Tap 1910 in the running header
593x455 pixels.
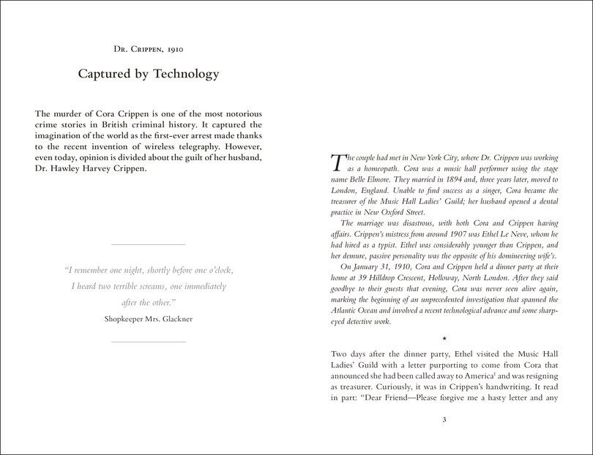tap(173, 50)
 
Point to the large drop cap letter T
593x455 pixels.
tap(337, 161)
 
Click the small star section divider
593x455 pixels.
tap(444, 339)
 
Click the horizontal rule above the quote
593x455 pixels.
tap(147, 244)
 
